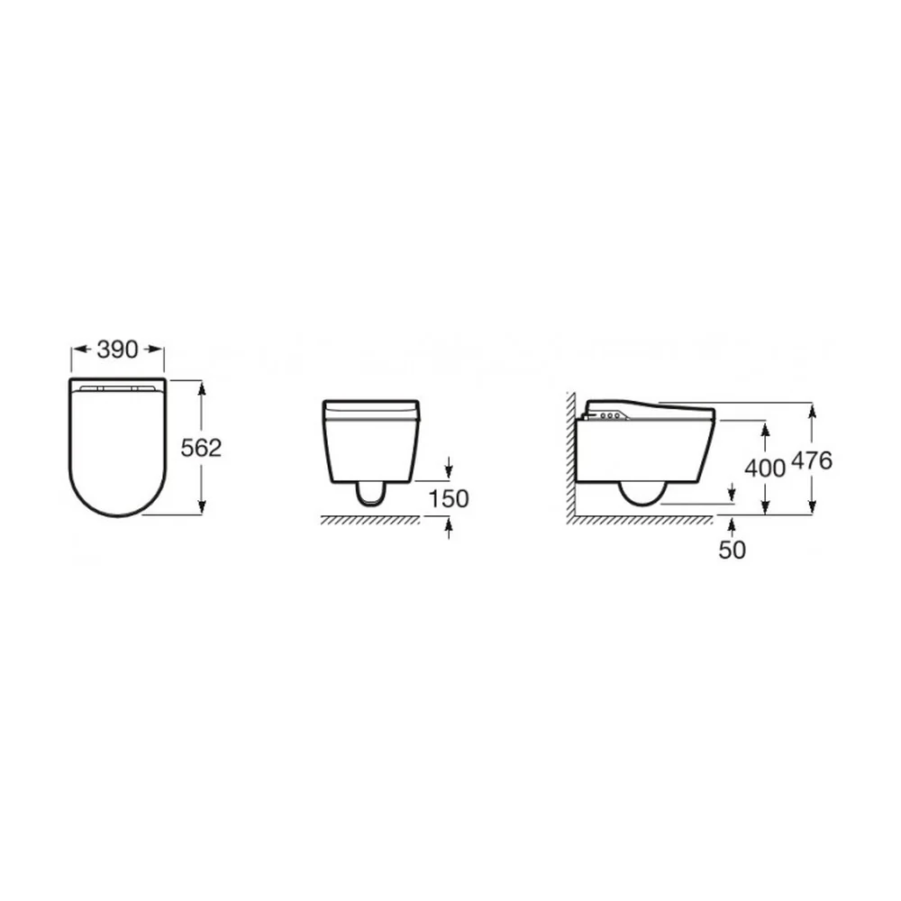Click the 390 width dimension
pyautogui.click(x=117, y=350)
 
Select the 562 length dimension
pyautogui.click(x=201, y=448)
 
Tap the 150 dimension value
pyautogui.click(x=449, y=499)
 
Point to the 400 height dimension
pyautogui.click(x=765, y=469)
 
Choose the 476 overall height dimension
pyautogui.click(x=812, y=460)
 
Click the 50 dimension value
pyautogui.click(x=732, y=550)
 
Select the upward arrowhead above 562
pyautogui.click(x=202, y=390)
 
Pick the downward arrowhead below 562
pyautogui.click(x=202, y=506)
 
